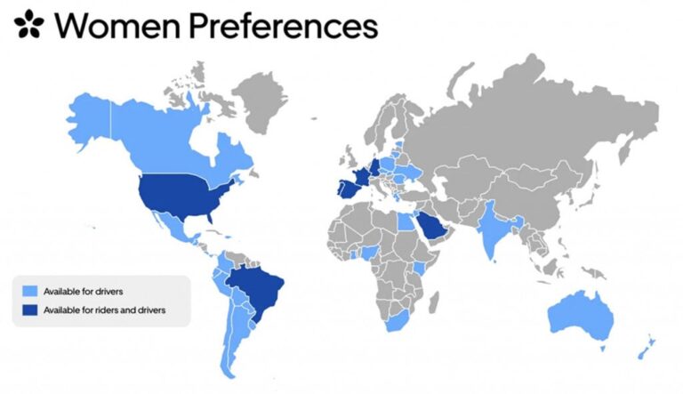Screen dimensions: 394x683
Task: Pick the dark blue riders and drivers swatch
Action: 29,310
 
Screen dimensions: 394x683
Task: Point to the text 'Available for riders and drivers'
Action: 104,310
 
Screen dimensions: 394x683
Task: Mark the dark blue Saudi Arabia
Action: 430,225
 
